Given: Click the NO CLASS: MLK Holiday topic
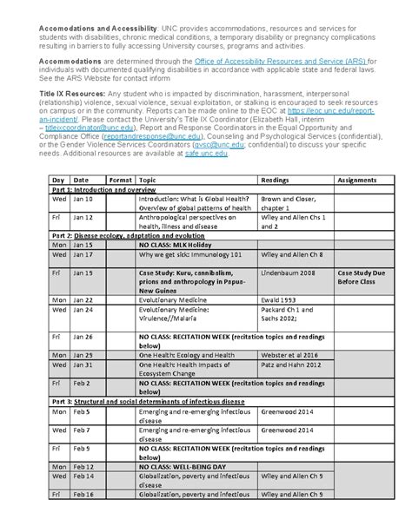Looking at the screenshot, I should pyautogui.click(x=173, y=246).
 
